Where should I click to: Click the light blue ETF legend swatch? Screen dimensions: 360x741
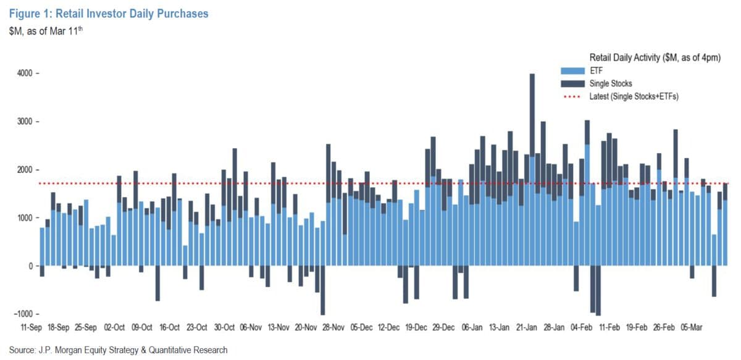coord(569,70)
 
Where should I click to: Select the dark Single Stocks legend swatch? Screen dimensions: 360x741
coord(569,83)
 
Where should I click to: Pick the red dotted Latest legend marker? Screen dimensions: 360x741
coord(569,96)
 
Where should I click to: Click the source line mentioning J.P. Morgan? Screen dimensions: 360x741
coord(118,350)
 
